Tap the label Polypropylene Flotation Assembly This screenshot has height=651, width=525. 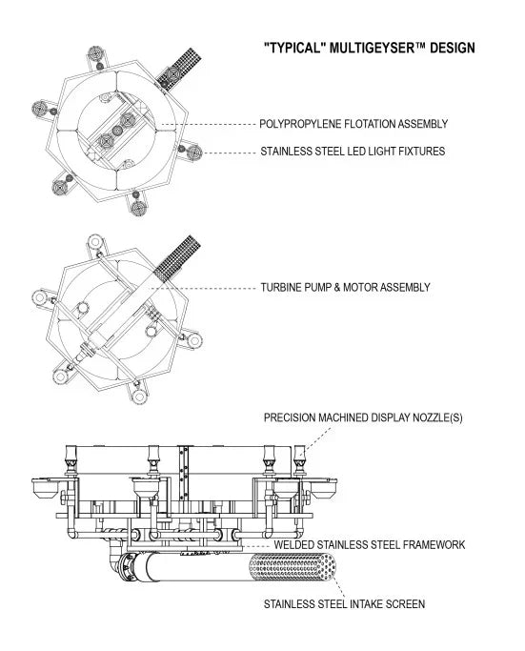tap(353, 124)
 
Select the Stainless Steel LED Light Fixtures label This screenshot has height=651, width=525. tap(353, 152)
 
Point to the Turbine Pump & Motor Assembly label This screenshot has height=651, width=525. tap(345, 287)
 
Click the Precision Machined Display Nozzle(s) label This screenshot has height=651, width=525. tap(363, 417)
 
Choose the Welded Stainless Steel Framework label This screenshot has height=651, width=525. tap(370, 544)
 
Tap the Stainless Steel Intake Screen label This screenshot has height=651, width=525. tap(345, 603)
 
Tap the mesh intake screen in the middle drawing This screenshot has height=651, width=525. tap(177, 256)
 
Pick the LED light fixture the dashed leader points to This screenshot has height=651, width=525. tap(194, 153)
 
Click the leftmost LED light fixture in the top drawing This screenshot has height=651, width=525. tap(40, 109)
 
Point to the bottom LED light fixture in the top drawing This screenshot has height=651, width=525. tap(138, 207)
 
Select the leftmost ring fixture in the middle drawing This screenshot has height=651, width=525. tap(40, 297)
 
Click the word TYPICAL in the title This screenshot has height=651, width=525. tap(293, 48)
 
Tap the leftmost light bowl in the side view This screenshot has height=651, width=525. tap(44, 488)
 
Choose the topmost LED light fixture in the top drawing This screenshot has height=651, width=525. tap(96, 54)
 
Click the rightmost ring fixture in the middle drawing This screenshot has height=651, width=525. tap(194, 341)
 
